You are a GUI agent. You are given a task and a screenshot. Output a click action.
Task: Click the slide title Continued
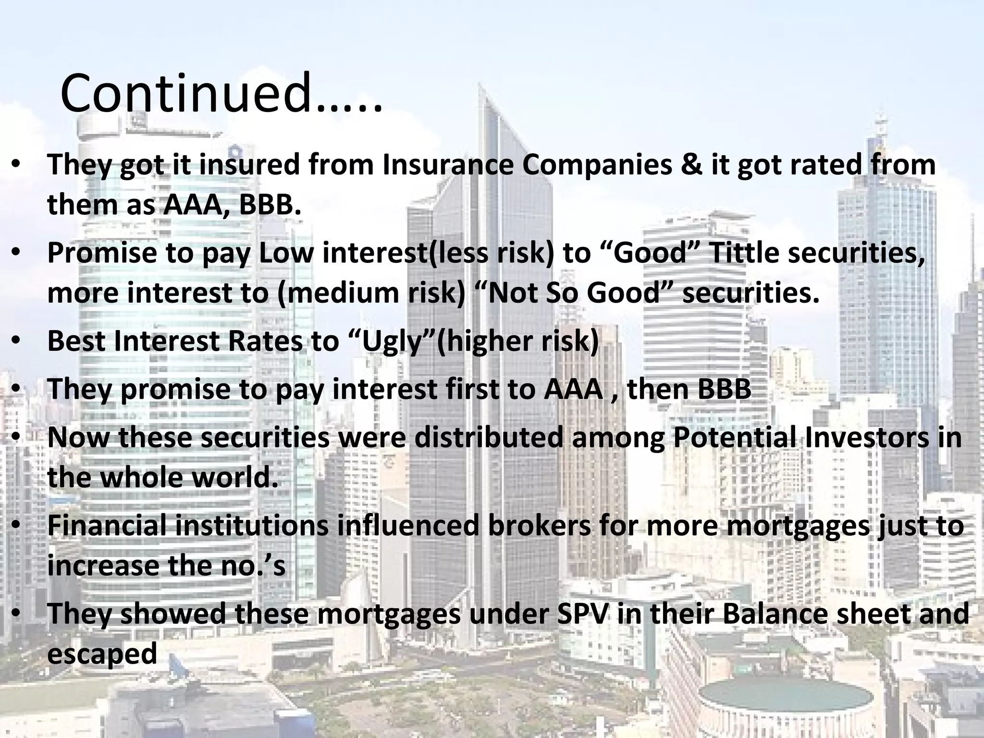[x=221, y=94]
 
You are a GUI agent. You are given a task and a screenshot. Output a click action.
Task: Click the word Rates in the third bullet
[x=266, y=341]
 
